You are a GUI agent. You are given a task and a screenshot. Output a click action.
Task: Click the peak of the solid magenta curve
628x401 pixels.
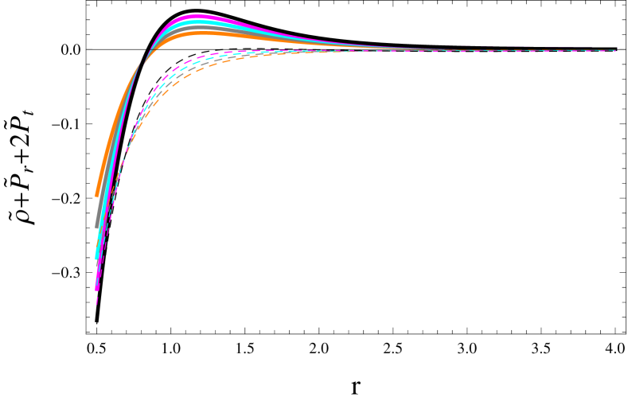pos(197,16)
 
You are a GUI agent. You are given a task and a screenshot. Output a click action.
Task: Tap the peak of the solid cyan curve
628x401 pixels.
pos(199,22)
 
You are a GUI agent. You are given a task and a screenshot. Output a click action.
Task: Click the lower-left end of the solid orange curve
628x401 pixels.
pos(96,195)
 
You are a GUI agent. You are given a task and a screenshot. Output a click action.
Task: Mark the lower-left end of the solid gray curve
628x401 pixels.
pos(97,227)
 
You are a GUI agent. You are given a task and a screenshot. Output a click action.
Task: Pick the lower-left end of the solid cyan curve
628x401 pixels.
pos(96,256)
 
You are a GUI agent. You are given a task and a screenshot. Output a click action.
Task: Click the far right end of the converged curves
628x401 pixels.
pos(615,50)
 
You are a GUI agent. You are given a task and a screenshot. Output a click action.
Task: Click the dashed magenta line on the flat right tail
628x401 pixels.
pos(478,51)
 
